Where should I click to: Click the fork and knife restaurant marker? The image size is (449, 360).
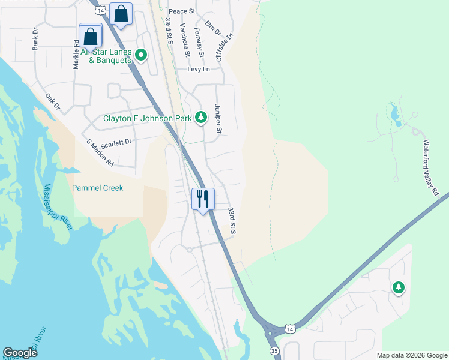[203, 199]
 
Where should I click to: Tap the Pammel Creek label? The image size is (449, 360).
[97, 188]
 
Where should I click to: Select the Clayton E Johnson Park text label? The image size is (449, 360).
[148, 118]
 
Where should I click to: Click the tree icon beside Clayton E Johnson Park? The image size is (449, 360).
[202, 118]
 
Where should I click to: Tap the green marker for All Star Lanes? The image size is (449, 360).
[142, 55]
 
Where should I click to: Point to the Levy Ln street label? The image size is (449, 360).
[198, 70]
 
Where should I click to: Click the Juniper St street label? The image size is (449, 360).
[218, 118]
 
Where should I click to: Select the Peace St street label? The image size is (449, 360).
[182, 11]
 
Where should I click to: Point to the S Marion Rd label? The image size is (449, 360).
[100, 152]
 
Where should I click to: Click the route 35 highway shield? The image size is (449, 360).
[274, 350]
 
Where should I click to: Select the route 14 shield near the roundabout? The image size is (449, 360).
[290, 329]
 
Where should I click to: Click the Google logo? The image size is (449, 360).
[20, 353]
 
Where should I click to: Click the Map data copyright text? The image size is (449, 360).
[411, 355]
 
